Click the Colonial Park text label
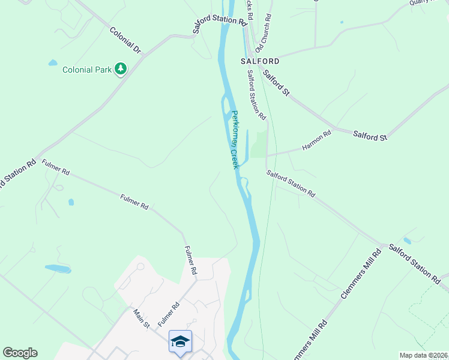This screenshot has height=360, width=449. (x=87, y=70)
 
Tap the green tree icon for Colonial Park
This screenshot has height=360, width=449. (x=121, y=69)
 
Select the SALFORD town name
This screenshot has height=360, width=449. (x=260, y=61)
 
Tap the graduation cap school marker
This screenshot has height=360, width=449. (x=180, y=341)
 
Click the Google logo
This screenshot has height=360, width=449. (x=20, y=353)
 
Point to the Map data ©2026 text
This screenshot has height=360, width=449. (x=424, y=355)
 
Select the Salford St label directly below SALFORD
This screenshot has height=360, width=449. (x=277, y=84)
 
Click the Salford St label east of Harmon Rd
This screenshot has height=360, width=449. (x=370, y=136)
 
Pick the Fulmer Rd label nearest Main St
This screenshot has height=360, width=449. (x=169, y=315)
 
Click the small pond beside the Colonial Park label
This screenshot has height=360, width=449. (x=53, y=62)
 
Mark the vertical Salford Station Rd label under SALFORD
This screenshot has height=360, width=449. (x=256, y=93)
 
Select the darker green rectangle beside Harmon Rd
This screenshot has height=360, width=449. (x=258, y=145)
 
